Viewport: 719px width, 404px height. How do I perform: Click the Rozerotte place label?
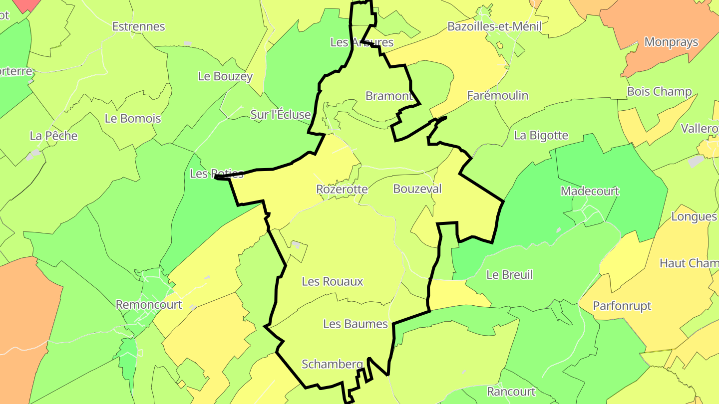pos(342,190)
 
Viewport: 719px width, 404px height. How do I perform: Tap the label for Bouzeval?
pos(417,189)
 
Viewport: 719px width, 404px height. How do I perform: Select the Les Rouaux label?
pos(333,281)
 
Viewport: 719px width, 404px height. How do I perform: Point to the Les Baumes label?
pos(356,324)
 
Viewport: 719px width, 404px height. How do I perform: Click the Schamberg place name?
pos(333,364)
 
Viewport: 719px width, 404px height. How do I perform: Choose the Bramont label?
pos(389,96)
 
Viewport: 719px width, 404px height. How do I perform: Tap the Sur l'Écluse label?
pos(281,115)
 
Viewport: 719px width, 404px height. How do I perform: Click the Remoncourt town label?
pos(149,304)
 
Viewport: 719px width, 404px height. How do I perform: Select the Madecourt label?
pos(590,191)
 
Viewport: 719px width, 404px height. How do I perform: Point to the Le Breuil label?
pos(509,275)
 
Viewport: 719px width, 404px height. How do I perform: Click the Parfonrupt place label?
pos(622,306)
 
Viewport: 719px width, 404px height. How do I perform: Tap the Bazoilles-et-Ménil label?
pos(494,26)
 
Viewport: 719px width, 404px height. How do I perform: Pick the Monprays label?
pos(671,42)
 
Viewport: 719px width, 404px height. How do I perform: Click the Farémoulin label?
pos(497,95)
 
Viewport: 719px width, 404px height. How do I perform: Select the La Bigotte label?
pos(541,135)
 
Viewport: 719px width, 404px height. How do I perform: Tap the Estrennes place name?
pos(138,26)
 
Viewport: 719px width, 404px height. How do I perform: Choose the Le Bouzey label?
pos(225,76)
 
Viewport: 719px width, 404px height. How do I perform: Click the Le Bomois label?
pos(133,119)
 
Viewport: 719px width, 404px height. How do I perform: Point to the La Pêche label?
pos(53,136)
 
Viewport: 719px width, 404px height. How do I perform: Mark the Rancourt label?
pos(511,392)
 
